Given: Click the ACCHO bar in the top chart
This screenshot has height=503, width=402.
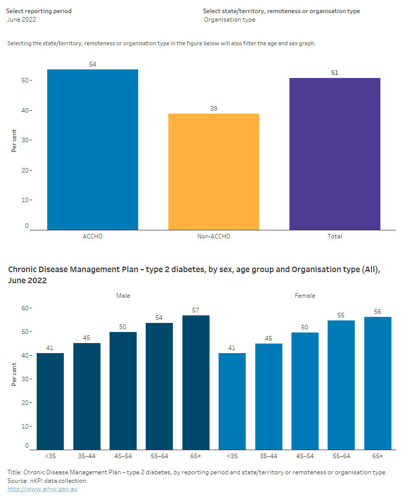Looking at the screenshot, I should [x=92, y=149].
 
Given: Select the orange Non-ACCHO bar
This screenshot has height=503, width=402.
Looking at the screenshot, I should [x=214, y=172].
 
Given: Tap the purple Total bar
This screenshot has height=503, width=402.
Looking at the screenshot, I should [x=335, y=154].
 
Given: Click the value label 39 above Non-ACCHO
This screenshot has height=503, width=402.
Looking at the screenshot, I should [x=214, y=108].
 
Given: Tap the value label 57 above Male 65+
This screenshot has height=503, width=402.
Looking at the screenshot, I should [x=196, y=310].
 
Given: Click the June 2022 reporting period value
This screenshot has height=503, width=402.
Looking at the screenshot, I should [x=22, y=20].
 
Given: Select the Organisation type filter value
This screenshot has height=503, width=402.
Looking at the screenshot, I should [x=230, y=20].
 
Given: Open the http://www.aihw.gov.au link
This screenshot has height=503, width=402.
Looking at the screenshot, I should [x=42, y=489].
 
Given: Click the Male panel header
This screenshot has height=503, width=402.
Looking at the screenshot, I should [x=123, y=296].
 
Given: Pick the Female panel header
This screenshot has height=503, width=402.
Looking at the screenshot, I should [x=305, y=296].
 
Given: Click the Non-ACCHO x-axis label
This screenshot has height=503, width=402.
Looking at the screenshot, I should [x=214, y=236].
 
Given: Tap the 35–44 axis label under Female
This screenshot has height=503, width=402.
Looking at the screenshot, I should [x=268, y=456].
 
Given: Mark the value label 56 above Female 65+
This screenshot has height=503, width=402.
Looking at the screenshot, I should [x=377, y=312].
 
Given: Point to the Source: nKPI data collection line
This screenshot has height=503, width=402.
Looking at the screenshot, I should [x=47, y=481].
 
